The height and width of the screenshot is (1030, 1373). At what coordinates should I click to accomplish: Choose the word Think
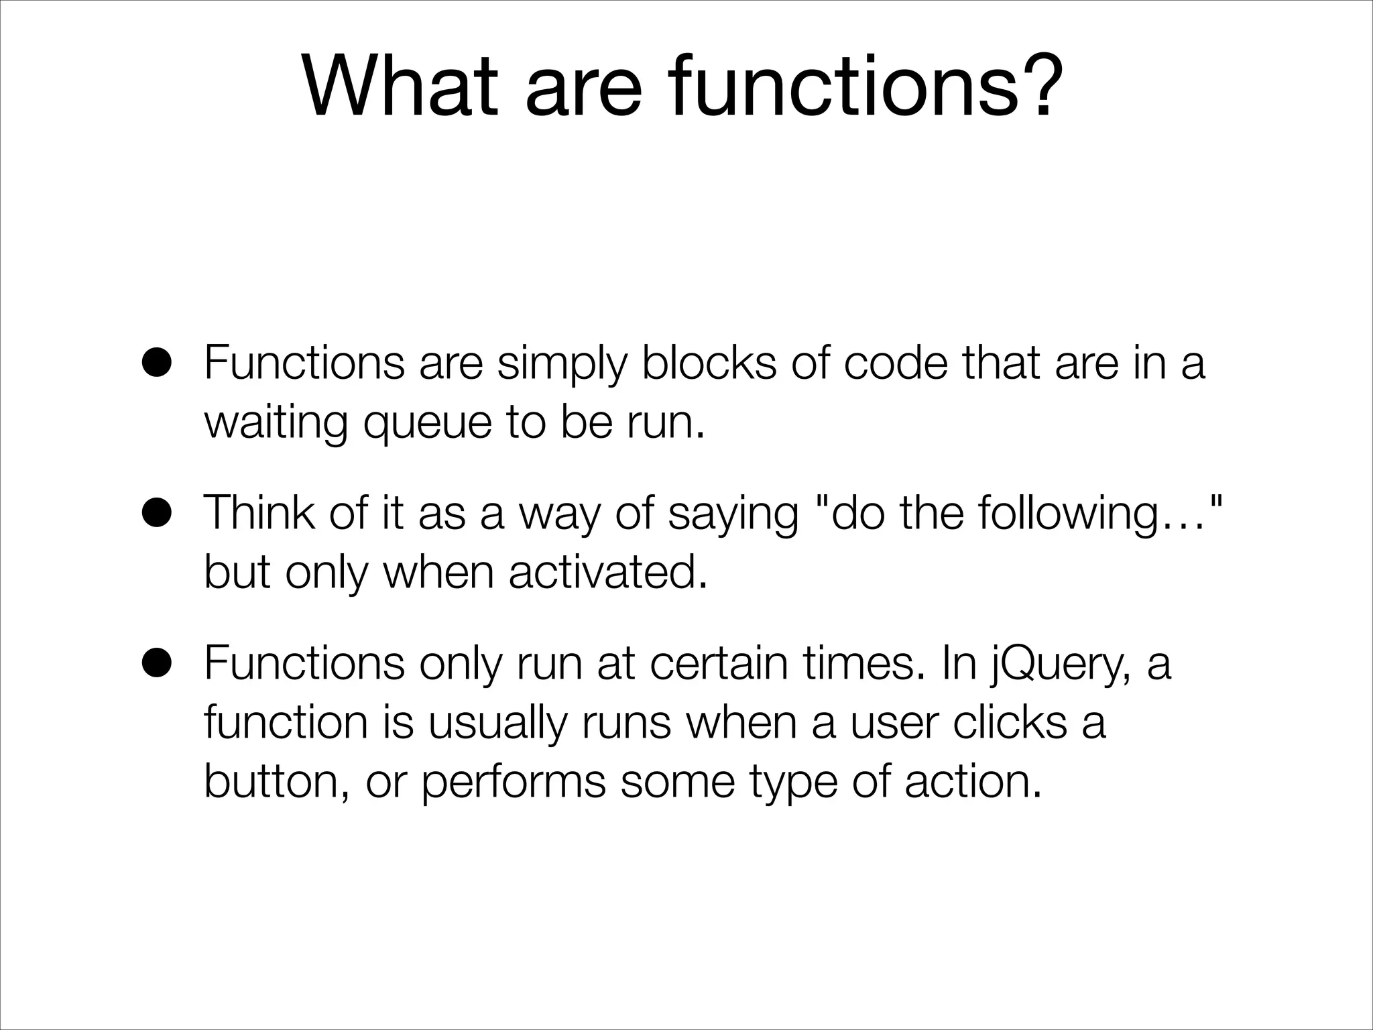click(258, 512)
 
